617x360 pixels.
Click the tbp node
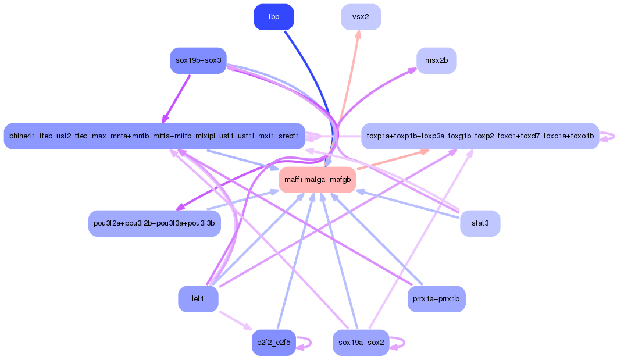point(273,17)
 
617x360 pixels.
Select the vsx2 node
point(361,17)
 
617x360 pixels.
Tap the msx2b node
point(436,60)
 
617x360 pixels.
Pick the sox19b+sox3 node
point(198,60)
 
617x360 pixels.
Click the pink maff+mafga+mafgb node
point(317,180)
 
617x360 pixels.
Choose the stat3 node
point(480,223)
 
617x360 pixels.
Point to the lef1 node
point(198,299)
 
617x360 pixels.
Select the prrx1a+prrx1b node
point(436,299)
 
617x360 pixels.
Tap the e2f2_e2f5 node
point(273,342)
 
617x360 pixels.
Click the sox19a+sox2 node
point(361,342)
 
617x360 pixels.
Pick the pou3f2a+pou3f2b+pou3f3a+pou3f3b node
point(154,223)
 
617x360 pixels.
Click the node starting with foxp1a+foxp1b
point(480,136)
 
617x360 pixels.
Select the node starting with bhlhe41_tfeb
point(154,136)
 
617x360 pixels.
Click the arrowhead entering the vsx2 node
point(358,34)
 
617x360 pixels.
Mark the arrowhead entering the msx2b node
point(412,70)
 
